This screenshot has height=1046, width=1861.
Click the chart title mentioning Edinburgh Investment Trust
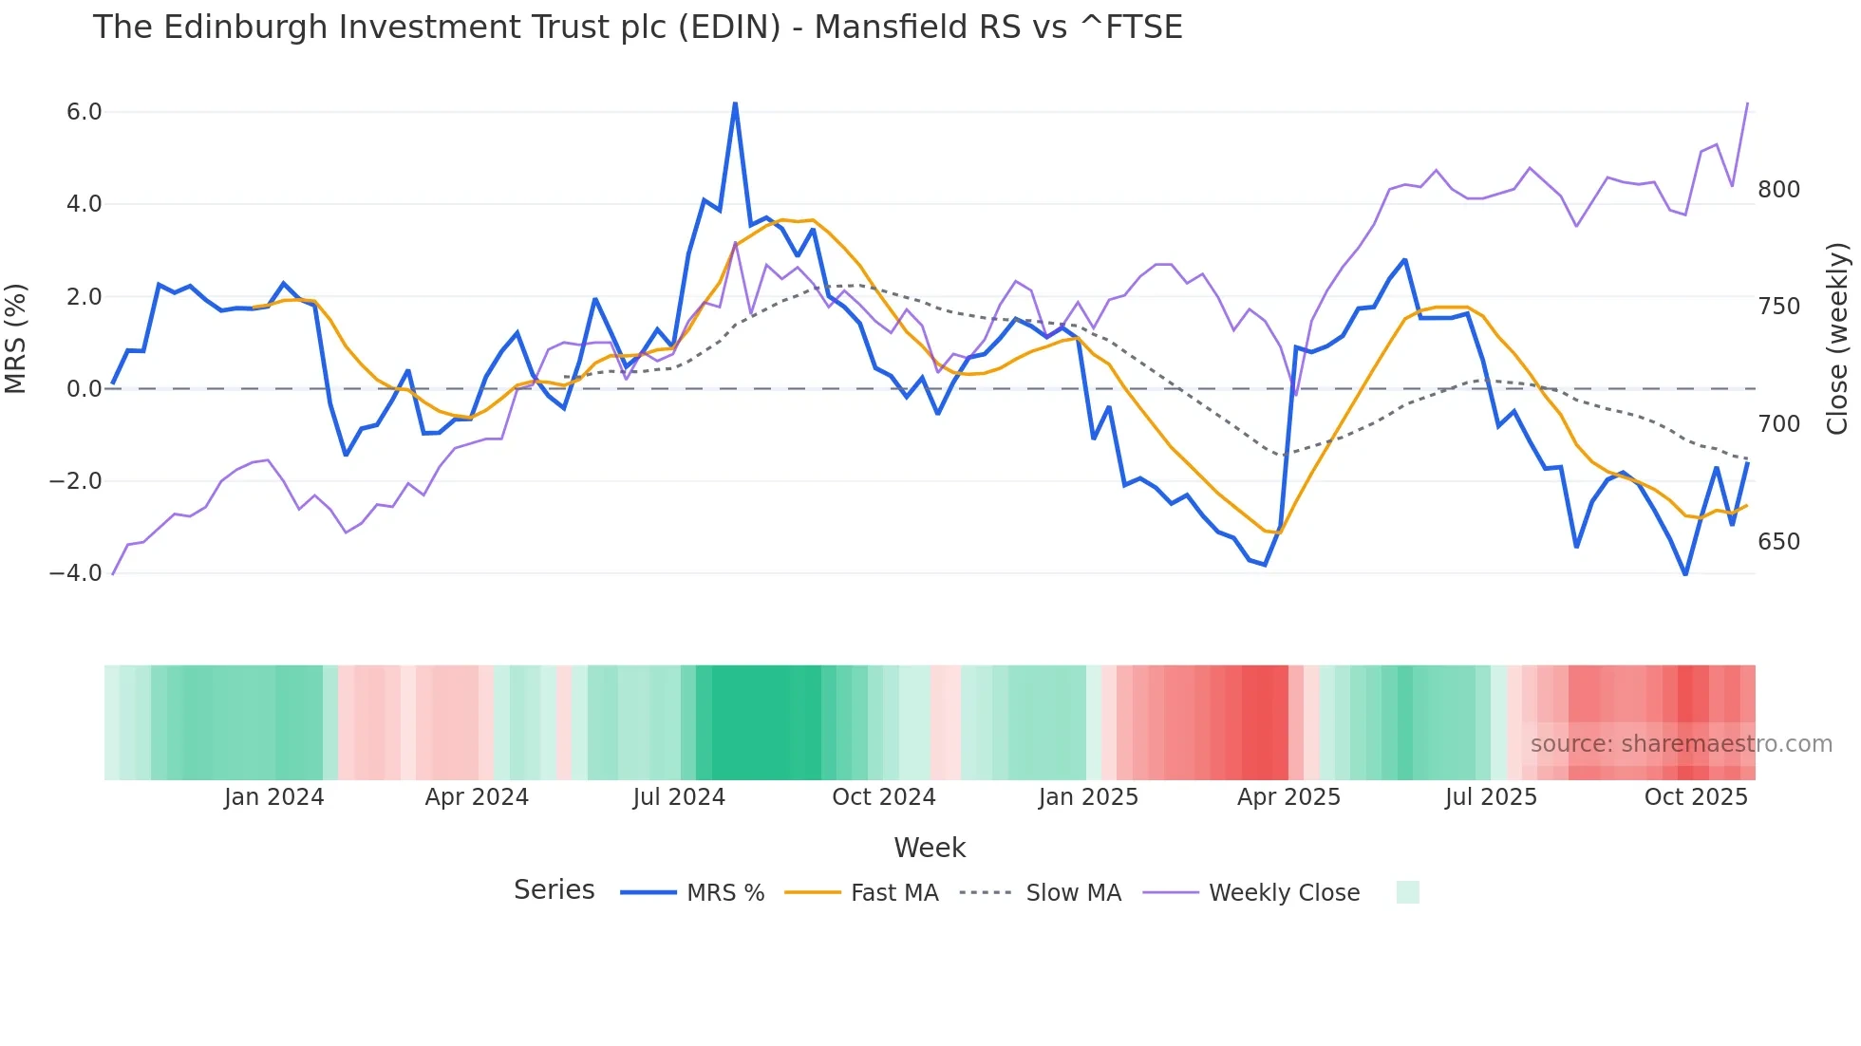[637, 28]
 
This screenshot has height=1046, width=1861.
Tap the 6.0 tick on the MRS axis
[84, 112]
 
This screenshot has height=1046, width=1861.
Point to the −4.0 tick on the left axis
[76, 573]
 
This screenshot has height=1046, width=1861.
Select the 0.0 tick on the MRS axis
[84, 389]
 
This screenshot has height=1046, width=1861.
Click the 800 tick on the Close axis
[1778, 190]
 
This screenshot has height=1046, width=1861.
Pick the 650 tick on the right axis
[1778, 542]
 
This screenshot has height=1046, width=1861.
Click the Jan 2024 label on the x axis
[273, 797]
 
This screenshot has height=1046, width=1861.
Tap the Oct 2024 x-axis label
[883, 797]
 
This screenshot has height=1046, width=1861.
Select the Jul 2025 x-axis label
[1491, 797]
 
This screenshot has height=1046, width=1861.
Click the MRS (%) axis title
[16, 339]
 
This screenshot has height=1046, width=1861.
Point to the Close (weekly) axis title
[1837, 339]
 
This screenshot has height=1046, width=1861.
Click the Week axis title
[930, 848]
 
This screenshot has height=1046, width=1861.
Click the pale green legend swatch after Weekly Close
[1407, 892]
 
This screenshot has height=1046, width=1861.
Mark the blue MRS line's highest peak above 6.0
[735, 103]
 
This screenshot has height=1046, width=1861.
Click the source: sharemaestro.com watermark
[1681, 744]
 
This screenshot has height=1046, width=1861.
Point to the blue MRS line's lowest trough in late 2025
[1685, 573]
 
